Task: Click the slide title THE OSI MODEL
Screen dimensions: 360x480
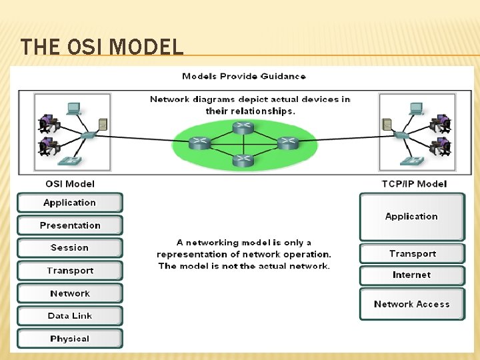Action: click(x=101, y=47)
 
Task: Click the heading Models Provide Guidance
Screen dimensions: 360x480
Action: click(x=244, y=77)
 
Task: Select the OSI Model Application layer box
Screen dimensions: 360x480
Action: click(x=70, y=203)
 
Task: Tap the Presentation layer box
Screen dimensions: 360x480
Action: click(x=70, y=225)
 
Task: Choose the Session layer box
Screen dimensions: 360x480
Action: click(x=70, y=248)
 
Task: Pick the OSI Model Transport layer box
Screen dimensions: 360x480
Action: click(x=70, y=271)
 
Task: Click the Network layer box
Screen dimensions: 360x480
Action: click(x=70, y=293)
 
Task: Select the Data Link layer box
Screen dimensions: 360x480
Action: click(x=70, y=316)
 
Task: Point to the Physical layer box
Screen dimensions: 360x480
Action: click(x=70, y=339)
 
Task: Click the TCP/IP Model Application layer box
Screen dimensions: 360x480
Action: click(x=411, y=217)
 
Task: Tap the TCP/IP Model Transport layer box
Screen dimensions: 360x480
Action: click(x=412, y=254)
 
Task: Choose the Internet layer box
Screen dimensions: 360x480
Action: click(x=411, y=275)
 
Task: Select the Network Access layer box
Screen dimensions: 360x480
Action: click(x=411, y=305)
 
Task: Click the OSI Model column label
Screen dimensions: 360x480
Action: click(x=70, y=184)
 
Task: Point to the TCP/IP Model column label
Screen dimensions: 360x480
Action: click(x=414, y=184)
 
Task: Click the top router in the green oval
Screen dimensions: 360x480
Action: click(x=243, y=127)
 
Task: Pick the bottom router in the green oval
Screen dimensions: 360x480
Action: click(x=243, y=159)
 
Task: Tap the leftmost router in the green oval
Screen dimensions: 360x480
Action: click(x=199, y=142)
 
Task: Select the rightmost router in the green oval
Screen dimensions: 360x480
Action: click(x=287, y=142)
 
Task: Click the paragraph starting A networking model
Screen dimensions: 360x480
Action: click(x=244, y=254)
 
